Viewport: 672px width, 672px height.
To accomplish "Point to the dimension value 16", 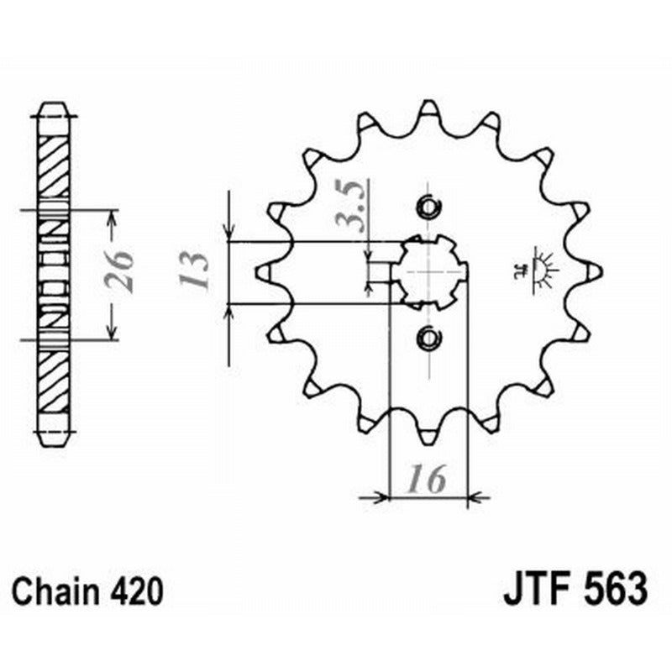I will point(427,480).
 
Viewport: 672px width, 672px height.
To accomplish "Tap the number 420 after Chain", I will point(134,590).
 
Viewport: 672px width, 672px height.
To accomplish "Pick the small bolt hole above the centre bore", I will point(429,206).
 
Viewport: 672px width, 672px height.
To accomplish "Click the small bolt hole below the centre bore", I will point(429,338).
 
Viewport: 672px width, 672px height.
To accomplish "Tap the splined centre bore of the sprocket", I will point(429,271).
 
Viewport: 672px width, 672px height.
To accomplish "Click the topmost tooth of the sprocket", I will point(428,108).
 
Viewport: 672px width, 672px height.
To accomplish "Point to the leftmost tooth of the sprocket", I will point(263,271).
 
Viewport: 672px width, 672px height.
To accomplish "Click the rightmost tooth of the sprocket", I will point(594,271).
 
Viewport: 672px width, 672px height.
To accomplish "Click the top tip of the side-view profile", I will point(55,108).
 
